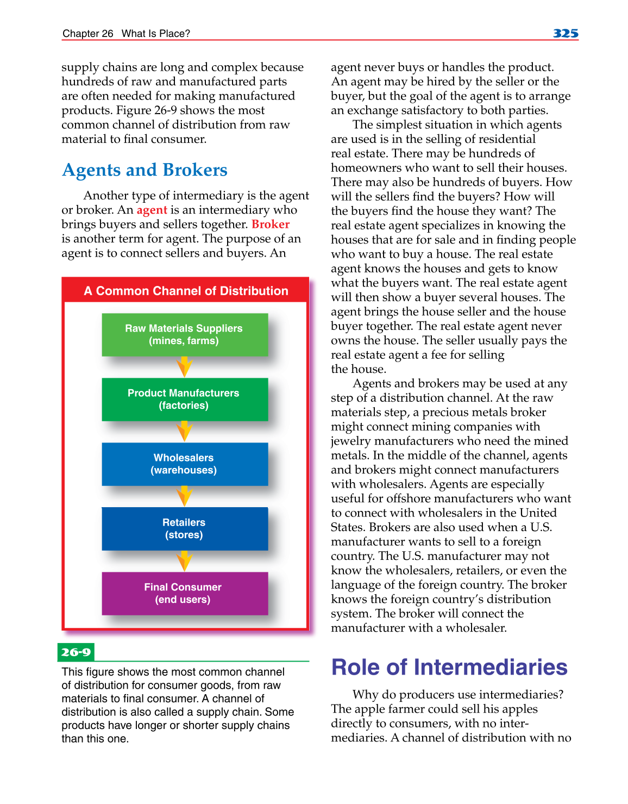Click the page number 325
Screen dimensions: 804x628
pos(565,33)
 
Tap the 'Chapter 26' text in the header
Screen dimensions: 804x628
pos(87,34)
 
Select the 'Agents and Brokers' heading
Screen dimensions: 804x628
pos(145,170)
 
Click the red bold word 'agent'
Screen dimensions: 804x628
pos(152,210)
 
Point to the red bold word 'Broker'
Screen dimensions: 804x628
pos(270,225)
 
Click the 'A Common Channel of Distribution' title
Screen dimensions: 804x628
pos(186,291)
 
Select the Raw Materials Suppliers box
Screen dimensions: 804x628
pos(185,334)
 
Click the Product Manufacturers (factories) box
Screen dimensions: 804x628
pos(185,399)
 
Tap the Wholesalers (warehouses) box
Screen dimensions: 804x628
pos(185,464)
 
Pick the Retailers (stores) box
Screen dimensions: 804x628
pos(185,528)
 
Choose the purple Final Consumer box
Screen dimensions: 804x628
pos(185,593)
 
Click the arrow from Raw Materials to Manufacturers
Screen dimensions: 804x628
pos(185,367)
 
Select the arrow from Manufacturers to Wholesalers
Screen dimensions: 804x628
pos(185,432)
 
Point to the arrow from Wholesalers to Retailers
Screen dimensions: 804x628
pos(185,496)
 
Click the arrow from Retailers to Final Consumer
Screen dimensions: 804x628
pos(185,561)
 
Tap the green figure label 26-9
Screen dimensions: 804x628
pos(76,652)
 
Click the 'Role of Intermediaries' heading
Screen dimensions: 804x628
pos(449,667)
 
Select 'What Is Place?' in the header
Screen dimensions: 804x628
pos(155,34)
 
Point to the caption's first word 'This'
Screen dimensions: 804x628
pos(72,672)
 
